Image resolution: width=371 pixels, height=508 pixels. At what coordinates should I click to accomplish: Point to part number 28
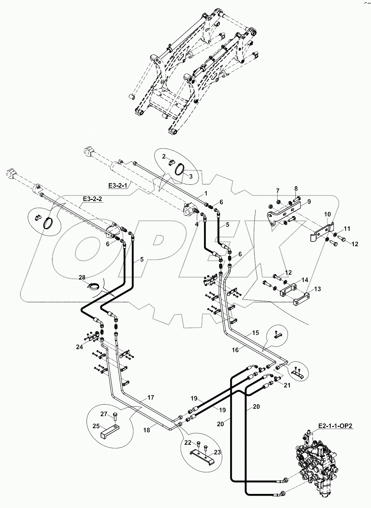[82, 277]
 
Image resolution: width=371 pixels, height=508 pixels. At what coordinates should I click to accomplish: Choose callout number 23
[217, 452]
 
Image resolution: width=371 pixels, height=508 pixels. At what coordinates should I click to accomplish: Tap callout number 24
[80, 347]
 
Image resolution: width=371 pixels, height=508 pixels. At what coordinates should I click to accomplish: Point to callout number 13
[317, 289]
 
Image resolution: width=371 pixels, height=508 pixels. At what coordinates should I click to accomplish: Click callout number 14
[304, 280]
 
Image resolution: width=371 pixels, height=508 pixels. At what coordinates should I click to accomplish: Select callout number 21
[287, 385]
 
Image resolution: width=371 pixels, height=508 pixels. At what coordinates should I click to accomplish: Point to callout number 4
[196, 224]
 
